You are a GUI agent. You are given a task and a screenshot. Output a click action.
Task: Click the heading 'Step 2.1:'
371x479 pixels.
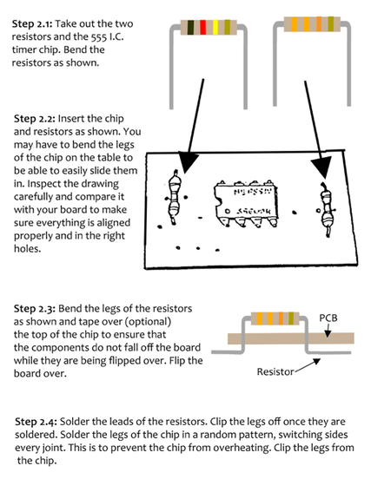(x=32, y=23)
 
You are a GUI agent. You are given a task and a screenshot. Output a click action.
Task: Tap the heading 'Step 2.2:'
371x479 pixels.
(x=34, y=119)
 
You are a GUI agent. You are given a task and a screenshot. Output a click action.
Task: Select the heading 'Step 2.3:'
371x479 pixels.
(x=35, y=309)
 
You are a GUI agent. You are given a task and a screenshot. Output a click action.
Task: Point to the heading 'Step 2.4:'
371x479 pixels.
(x=36, y=422)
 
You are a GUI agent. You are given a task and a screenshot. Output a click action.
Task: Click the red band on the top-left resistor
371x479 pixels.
(x=202, y=27)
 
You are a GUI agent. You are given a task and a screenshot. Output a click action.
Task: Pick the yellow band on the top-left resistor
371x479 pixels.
(x=215, y=27)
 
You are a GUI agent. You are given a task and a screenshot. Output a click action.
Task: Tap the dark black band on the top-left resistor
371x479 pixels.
(x=190, y=27)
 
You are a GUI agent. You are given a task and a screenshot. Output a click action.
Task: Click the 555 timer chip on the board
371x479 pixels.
(x=246, y=203)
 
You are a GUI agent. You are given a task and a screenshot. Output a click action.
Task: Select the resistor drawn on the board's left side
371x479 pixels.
(x=174, y=197)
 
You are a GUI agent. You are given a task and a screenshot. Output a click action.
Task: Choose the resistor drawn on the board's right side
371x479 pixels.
(x=326, y=210)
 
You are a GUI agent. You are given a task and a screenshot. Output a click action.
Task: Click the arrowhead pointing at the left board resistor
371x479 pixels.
(x=187, y=163)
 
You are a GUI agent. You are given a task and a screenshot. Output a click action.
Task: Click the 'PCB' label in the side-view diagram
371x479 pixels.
(x=328, y=318)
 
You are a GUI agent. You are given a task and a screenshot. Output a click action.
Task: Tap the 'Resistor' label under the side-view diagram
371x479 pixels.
(x=275, y=371)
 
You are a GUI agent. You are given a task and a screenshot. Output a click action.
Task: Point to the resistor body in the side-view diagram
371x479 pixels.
(x=275, y=318)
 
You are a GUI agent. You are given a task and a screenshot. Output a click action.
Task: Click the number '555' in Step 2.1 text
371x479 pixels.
(x=99, y=36)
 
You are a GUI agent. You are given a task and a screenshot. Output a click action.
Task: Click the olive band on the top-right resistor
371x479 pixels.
(x=331, y=24)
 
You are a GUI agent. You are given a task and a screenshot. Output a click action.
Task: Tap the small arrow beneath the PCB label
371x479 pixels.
(x=328, y=331)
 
